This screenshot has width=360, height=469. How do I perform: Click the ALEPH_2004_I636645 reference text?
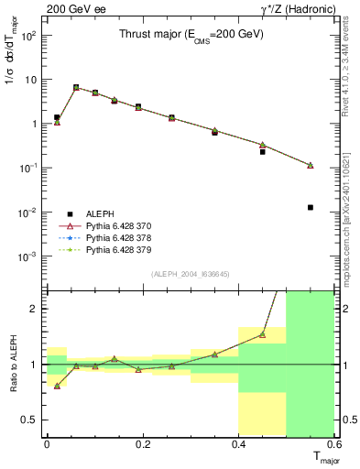[x=190, y=272]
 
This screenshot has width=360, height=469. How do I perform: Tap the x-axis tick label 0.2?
[x=142, y=444]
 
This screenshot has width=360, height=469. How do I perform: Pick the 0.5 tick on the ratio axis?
[x=29, y=420]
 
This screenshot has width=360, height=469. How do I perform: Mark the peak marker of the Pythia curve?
[x=76, y=88]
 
